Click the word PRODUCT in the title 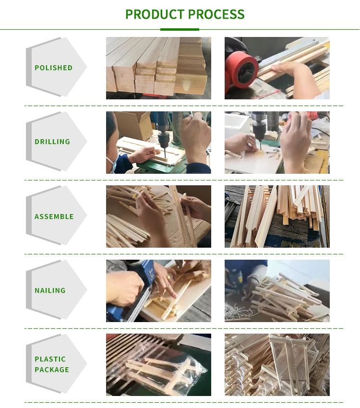tap(155, 14)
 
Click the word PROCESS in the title tap(216, 14)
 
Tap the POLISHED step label tap(54, 68)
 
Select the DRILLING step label tap(52, 142)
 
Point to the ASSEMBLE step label tap(54, 216)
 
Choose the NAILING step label tap(50, 290)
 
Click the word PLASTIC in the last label tap(50, 359)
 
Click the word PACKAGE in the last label tap(52, 370)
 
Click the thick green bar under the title tap(180, 29)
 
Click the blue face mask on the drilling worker tap(112, 165)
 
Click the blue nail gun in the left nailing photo tap(138, 291)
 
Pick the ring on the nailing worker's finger tap(168, 277)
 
